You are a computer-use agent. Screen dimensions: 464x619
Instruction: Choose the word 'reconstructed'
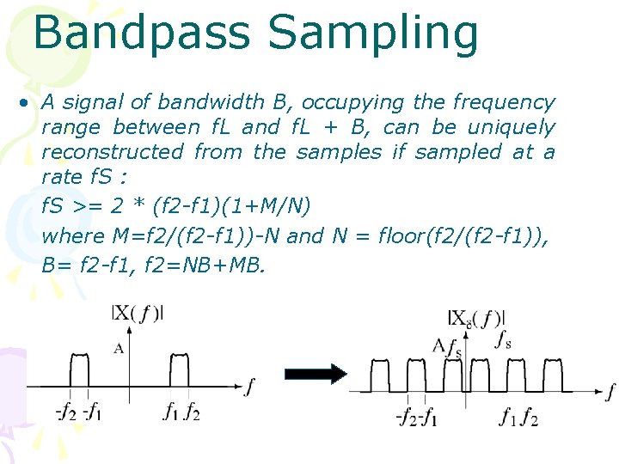(112, 153)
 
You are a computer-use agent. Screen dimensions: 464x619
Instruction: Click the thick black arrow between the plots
(315, 373)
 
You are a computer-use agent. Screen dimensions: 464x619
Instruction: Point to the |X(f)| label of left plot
(138, 314)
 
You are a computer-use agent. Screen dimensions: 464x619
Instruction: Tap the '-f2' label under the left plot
(66, 412)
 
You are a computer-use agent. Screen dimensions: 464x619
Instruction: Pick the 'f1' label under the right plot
(509, 418)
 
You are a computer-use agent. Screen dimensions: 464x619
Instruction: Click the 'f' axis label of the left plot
(249, 388)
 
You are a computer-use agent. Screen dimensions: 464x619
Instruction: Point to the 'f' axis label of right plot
(610, 392)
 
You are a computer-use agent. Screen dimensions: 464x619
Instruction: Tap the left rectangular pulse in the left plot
(78, 369)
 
